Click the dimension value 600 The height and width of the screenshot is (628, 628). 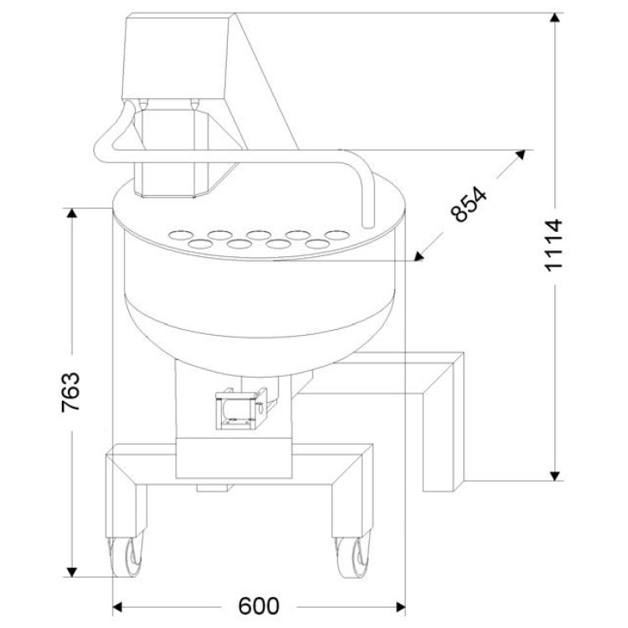pyautogui.click(x=259, y=606)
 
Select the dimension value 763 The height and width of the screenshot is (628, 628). pyautogui.click(x=70, y=393)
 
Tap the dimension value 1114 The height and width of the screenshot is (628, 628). pyautogui.click(x=554, y=245)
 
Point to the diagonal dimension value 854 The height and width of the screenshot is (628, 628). pyautogui.click(x=468, y=203)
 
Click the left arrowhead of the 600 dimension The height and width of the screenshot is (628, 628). pyautogui.click(x=117, y=607)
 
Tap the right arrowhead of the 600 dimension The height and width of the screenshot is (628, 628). pyautogui.click(x=400, y=607)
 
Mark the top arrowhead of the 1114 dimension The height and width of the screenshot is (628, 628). pyautogui.click(x=554, y=18)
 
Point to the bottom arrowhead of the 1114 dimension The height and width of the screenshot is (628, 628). pyautogui.click(x=554, y=476)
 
